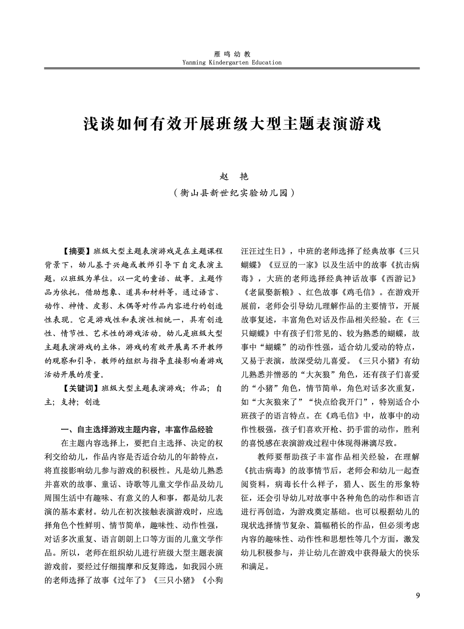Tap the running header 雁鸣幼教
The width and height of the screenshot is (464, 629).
click(x=232, y=55)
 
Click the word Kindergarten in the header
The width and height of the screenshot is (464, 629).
click(x=226, y=62)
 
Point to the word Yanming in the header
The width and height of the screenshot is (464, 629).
click(x=194, y=62)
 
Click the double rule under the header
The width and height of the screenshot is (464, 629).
click(x=232, y=69)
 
